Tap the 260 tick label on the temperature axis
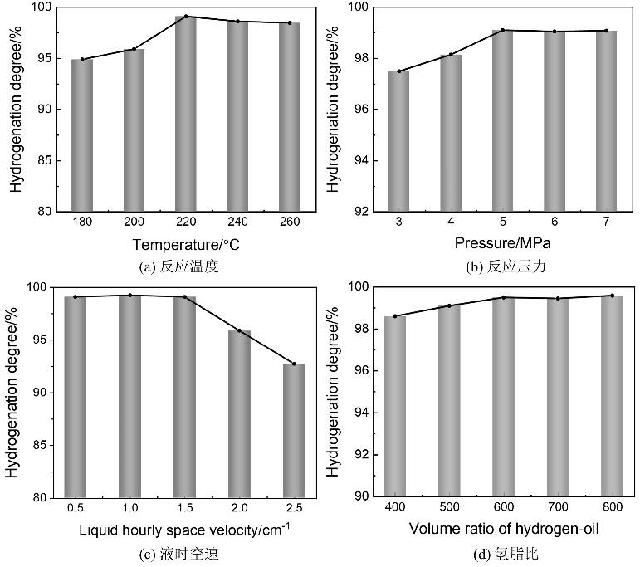tap(290, 223)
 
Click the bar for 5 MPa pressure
tap(502, 120)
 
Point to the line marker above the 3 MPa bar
tap(398, 71)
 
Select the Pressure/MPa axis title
tap(502, 243)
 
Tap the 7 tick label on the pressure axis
tap(606, 223)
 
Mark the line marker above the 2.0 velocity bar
tap(239, 330)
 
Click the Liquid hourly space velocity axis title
tap(184, 529)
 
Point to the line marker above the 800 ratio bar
tap(613, 296)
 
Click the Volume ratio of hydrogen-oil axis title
tap(503, 529)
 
